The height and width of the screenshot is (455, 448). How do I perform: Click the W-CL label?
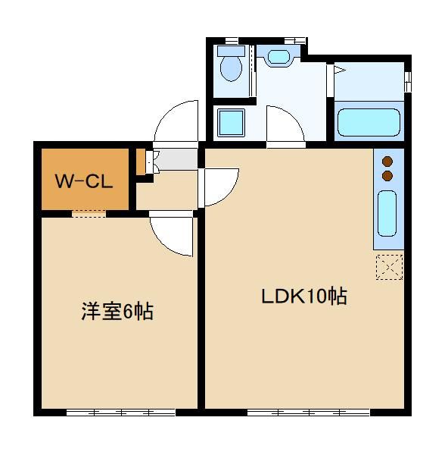[84, 182]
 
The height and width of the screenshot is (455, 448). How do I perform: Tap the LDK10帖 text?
[304, 296]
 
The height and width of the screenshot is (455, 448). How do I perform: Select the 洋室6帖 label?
[117, 312]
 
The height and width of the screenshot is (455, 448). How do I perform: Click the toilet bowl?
[231, 69]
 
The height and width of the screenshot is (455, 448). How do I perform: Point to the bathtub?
[369, 122]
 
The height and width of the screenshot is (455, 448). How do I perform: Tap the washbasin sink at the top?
[278, 57]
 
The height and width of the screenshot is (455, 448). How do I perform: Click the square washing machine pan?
[231, 122]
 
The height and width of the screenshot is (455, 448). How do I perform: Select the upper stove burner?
[387, 162]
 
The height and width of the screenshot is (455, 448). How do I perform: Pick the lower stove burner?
[387, 176]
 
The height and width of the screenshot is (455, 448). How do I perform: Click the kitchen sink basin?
[387, 213]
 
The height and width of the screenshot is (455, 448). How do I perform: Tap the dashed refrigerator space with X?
[389, 267]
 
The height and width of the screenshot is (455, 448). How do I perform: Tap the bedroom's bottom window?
[121, 413]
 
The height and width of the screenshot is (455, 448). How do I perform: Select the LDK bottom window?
[309, 413]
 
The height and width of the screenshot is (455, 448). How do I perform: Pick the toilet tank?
[231, 51]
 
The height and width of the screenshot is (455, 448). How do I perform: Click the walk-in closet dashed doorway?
[89, 214]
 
